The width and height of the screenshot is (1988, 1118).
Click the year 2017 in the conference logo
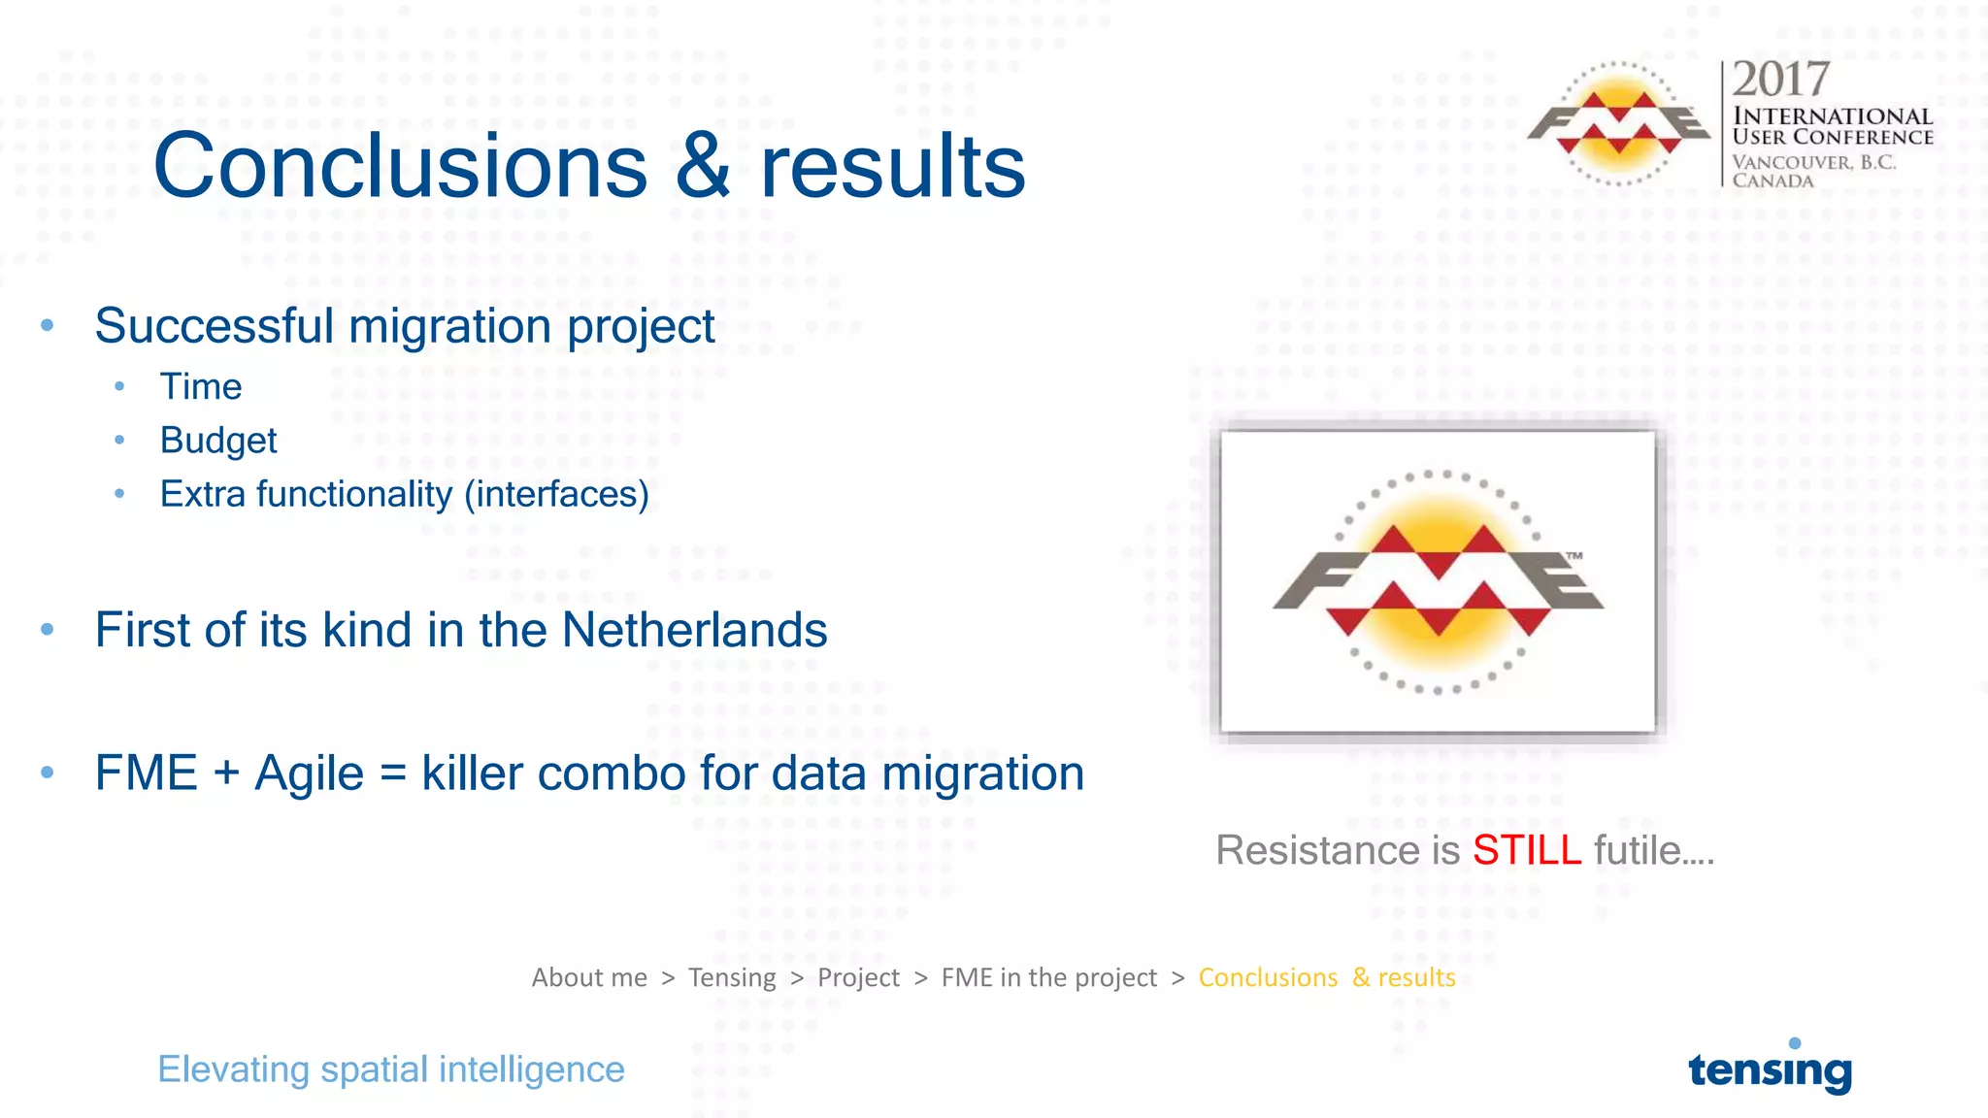point(1780,80)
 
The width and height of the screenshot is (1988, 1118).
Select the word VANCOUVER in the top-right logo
point(1792,162)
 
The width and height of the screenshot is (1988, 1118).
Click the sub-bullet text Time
point(201,386)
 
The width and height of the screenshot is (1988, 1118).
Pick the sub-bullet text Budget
point(218,441)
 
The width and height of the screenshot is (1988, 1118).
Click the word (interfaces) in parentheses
point(556,494)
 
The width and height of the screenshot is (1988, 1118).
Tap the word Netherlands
point(694,630)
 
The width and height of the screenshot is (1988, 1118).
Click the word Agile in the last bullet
point(309,773)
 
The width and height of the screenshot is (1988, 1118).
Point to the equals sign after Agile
point(392,774)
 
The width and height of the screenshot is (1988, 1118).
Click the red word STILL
point(1527,850)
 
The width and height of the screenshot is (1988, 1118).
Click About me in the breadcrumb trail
point(589,977)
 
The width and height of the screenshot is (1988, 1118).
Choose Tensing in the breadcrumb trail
point(732,977)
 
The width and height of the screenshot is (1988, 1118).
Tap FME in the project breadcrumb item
point(1048,977)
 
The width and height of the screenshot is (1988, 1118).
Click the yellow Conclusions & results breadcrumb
point(1326,977)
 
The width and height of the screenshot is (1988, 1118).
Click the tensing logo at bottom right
point(1770,1069)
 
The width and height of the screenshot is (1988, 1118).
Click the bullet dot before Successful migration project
point(48,326)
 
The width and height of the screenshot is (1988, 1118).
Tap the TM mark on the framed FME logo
point(1574,556)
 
